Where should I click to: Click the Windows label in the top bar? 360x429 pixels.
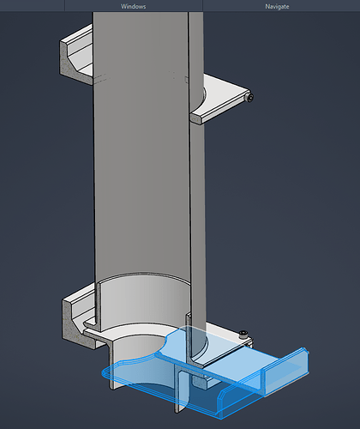(133, 6)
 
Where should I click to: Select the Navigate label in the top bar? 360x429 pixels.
(277, 6)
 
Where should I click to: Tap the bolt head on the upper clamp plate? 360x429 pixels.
(250, 98)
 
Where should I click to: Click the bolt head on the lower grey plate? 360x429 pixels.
(243, 334)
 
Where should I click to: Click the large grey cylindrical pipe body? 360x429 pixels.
(141, 143)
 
